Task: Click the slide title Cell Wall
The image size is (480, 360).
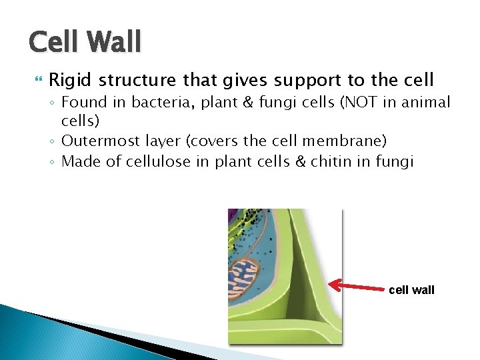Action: click(x=85, y=42)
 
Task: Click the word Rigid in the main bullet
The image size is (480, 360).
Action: click(x=71, y=81)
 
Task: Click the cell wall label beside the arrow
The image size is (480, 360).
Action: click(x=411, y=290)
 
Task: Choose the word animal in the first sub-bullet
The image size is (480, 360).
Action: click(x=427, y=103)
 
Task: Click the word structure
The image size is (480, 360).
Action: click(x=139, y=81)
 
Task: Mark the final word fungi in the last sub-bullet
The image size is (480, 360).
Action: click(x=395, y=161)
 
